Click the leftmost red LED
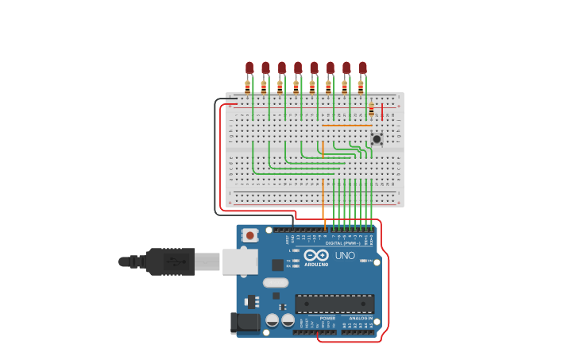point(249,68)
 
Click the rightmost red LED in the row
point(362,68)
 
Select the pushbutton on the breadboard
point(377,139)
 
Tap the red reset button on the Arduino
point(250,235)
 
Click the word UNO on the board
point(345,256)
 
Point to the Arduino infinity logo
point(316,255)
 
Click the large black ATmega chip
point(334,304)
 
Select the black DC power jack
point(245,323)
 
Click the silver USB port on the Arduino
point(239,261)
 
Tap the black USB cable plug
point(170,261)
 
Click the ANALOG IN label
point(360,318)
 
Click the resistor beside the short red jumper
point(371,109)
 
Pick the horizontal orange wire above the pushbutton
point(347,125)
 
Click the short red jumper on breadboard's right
point(382,111)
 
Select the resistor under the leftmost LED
point(248,87)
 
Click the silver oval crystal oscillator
point(276,282)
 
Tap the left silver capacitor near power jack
point(272,320)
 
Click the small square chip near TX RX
point(277,265)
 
